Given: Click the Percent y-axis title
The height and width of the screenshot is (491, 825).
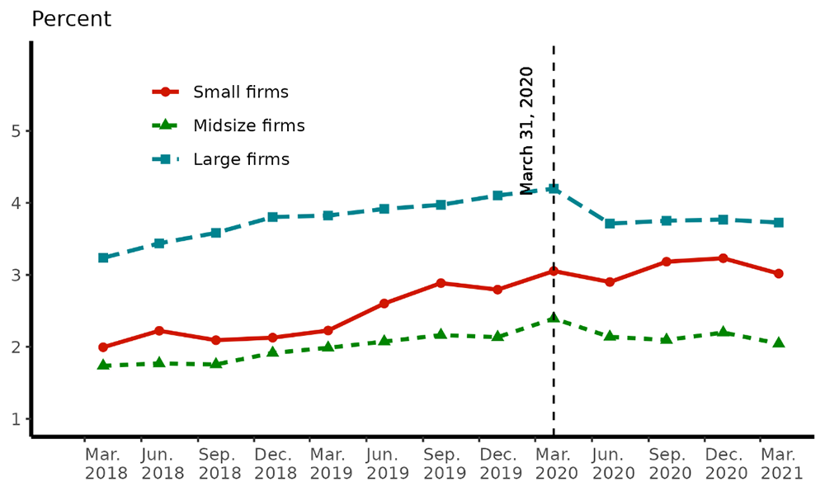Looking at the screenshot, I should point(71,19).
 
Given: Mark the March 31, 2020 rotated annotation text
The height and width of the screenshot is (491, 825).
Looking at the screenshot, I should point(526,130).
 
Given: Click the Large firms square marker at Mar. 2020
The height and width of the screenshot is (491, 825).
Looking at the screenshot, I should point(554,189).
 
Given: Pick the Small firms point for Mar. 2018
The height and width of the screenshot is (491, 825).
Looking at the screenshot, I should point(103,347).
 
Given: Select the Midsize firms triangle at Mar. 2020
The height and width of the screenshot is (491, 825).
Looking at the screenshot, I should point(554,318).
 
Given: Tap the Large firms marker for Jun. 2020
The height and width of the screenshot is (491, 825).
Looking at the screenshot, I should point(610,224).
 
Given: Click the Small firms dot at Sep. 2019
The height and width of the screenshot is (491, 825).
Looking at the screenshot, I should point(441,283).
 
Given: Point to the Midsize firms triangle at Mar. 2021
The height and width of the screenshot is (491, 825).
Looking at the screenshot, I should point(778,342).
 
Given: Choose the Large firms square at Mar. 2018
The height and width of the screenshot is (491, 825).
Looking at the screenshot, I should point(103,257).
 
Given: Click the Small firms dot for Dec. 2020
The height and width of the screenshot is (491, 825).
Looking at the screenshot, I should point(723,258).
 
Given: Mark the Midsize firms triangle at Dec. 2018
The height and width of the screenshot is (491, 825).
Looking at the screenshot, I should point(272,352).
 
